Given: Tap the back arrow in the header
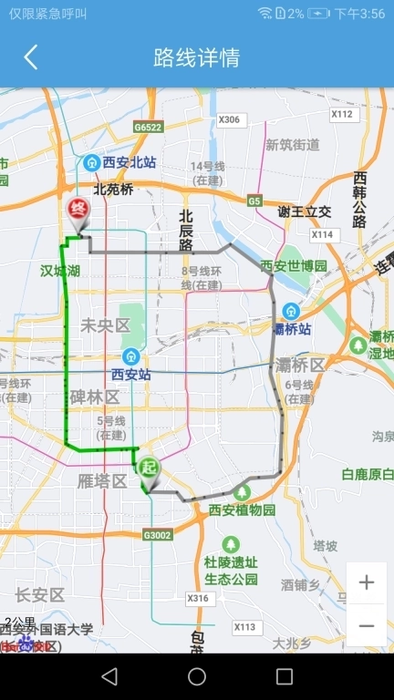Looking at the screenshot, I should pos(31,57).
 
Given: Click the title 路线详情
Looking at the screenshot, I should pos(197,57).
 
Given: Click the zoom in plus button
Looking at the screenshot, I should pos(367,583).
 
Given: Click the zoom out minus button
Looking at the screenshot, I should pos(367,626).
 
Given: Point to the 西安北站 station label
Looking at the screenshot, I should pos(129,163).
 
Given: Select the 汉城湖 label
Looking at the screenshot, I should pos(60,271).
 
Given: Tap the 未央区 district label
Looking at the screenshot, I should pos(106,325).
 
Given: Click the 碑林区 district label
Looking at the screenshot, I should pos(95,397).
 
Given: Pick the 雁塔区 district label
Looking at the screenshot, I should pos(101,481).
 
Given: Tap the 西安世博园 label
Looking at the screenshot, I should pos(294,266).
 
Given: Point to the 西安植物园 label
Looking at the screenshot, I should pos(243,510).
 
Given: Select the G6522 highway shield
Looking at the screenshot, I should pos(148,128).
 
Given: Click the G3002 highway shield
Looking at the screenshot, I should pos(157,535).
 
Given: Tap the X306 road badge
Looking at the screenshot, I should pos(230,119).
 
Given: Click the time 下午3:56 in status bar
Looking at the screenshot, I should pos(360,13).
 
